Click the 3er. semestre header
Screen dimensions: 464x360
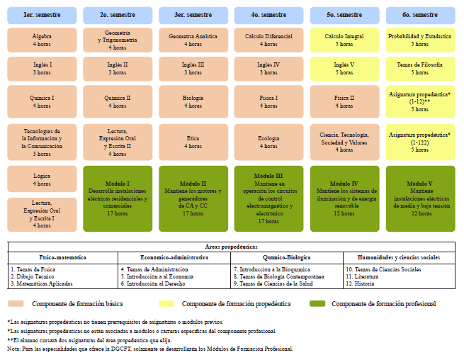[x=193, y=16]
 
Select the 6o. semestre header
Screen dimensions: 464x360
[x=421, y=16]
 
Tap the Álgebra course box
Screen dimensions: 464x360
[x=42, y=40]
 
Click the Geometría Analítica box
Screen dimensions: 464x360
[x=193, y=40]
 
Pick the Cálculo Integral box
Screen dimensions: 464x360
[x=345, y=40]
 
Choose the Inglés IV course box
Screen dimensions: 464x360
[x=268, y=69]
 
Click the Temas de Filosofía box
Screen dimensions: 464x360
[x=421, y=69]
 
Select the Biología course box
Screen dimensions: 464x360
[x=193, y=101]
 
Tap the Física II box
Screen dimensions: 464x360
[x=345, y=101]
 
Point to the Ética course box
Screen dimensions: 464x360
[x=193, y=142]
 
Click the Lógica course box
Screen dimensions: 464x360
[x=42, y=179]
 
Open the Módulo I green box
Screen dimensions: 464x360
[x=118, y=198]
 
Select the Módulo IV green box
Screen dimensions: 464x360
[x=345, y=198]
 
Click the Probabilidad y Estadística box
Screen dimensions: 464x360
[x=421, y=40]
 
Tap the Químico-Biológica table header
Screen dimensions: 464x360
[x=287, y=257]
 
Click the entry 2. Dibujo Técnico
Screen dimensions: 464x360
[x=33, y=276]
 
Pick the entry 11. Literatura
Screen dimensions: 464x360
[x=362, y=276]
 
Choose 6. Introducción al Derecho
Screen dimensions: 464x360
[x=153, y=283]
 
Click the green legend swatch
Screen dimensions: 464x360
[x=317, y=303]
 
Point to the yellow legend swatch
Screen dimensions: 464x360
[x=166, y=303]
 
